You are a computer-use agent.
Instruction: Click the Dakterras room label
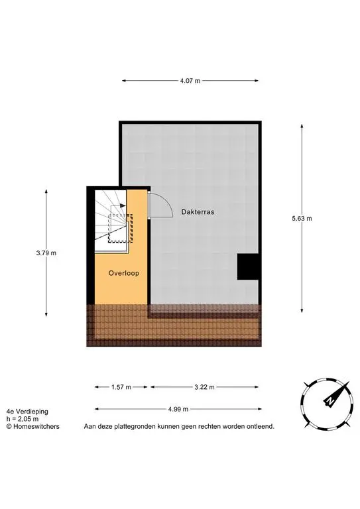click(x=198, y=212)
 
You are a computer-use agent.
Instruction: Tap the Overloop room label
click(x=124, y=273)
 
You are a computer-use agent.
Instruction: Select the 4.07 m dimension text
click(x=190, y=81)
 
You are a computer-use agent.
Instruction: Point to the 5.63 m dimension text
click(x=302, y=219)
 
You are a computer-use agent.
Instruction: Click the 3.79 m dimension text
click(x=46, y=253)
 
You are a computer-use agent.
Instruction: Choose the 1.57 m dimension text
click(x=121, y=387)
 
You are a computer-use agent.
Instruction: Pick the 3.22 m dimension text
click(x=204, y=387)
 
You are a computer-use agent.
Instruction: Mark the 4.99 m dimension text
click(x=178, y=410)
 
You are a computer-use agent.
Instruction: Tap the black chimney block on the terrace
click(x=248, y=266)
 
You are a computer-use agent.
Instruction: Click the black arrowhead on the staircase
click(x=123, y=205)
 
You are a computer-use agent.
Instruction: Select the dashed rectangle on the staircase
click(x=121, y=228)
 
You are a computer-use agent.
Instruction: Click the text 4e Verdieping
click(x=27, y=412)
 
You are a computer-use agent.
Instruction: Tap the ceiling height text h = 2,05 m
click(x=23, y=419)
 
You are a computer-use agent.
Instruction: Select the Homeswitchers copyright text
click(x=32, y=427)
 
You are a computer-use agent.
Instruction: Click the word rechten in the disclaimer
click(x=209, y=426)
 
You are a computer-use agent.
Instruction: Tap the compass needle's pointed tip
click(x=349, y=382)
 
